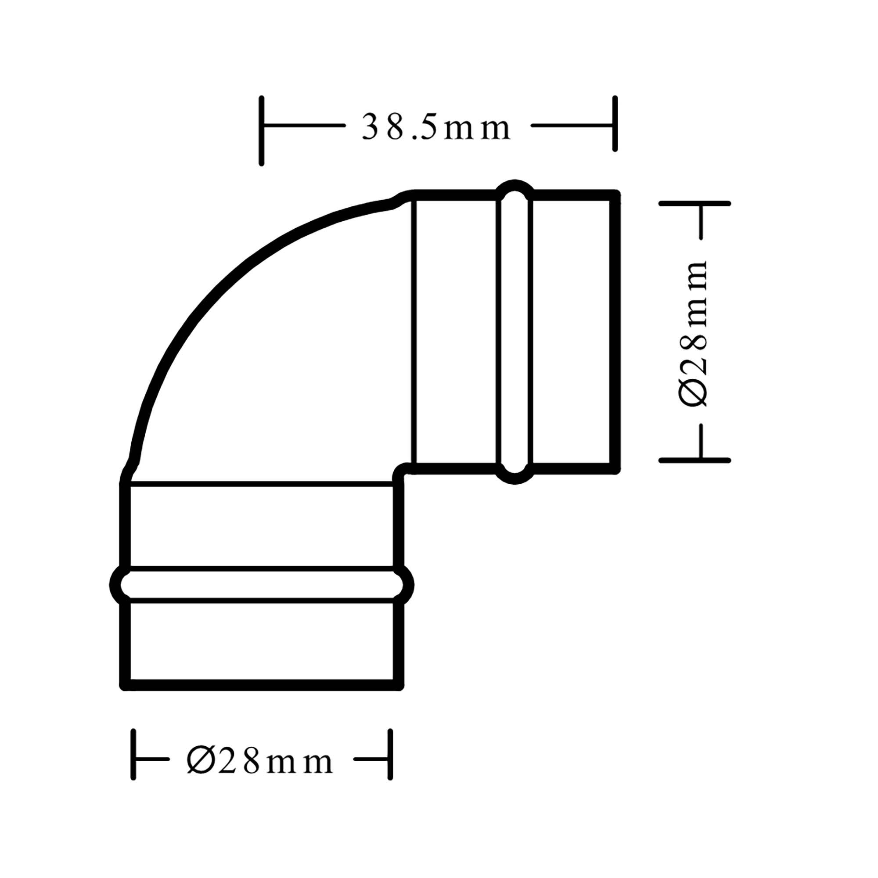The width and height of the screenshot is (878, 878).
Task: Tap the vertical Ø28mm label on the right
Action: pos(694,334)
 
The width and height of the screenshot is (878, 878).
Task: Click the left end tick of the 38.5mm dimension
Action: pos(261,131)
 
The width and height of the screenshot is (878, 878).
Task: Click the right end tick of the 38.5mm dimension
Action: pos(615,124)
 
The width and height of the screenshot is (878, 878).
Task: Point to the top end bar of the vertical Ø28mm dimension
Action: pos(694,203)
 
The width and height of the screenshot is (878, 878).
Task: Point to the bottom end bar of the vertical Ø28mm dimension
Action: pos(694,461)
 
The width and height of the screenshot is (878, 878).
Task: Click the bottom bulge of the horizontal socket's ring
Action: pos(515,478)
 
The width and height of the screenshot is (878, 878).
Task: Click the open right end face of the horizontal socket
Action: pos(615,332)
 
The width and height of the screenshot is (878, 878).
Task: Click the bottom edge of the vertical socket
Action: pos(261,685)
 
